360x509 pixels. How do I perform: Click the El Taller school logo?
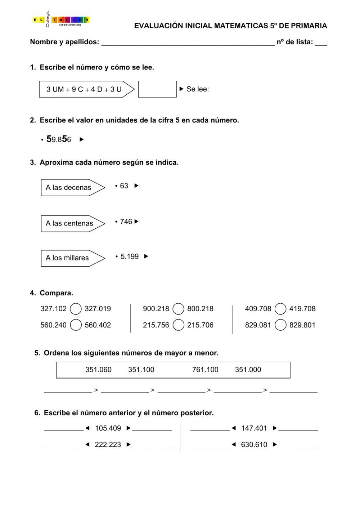61,20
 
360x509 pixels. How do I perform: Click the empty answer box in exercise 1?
157,89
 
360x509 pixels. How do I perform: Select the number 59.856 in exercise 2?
59,139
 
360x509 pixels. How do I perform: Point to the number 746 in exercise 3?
126,222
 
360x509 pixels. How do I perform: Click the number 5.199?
129,256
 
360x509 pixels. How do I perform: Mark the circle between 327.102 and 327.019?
76,309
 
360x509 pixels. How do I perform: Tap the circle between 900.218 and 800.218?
178,309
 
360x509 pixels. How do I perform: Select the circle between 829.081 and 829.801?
280,325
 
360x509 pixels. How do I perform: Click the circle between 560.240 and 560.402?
76,325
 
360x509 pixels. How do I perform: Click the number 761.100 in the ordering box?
205,370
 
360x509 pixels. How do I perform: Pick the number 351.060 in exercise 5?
98,370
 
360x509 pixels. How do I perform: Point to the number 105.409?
108,428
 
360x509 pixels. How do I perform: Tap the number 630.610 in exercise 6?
254,445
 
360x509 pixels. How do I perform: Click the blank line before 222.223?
64,445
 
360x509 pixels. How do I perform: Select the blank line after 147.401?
298,429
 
